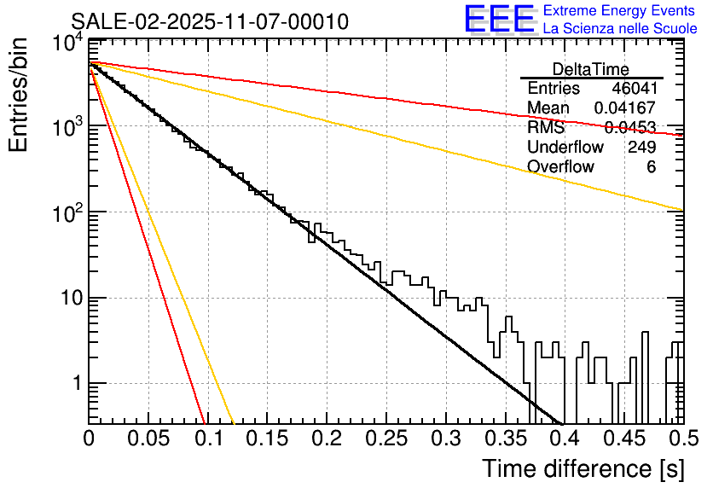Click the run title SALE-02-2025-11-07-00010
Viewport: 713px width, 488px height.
(x=210, y=22)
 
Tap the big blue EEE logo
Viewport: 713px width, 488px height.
(x=498, y=20)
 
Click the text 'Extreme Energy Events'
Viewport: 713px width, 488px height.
(x=619, y=11)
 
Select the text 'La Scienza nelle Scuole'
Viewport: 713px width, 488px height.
(x=619, y=29)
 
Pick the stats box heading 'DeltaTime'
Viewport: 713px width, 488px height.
(x=591, y=69)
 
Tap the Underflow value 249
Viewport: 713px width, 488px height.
(x=641, y=147)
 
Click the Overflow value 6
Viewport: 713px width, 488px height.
(x=651, y=166)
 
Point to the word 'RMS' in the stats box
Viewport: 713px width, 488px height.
(x=546, y=128)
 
